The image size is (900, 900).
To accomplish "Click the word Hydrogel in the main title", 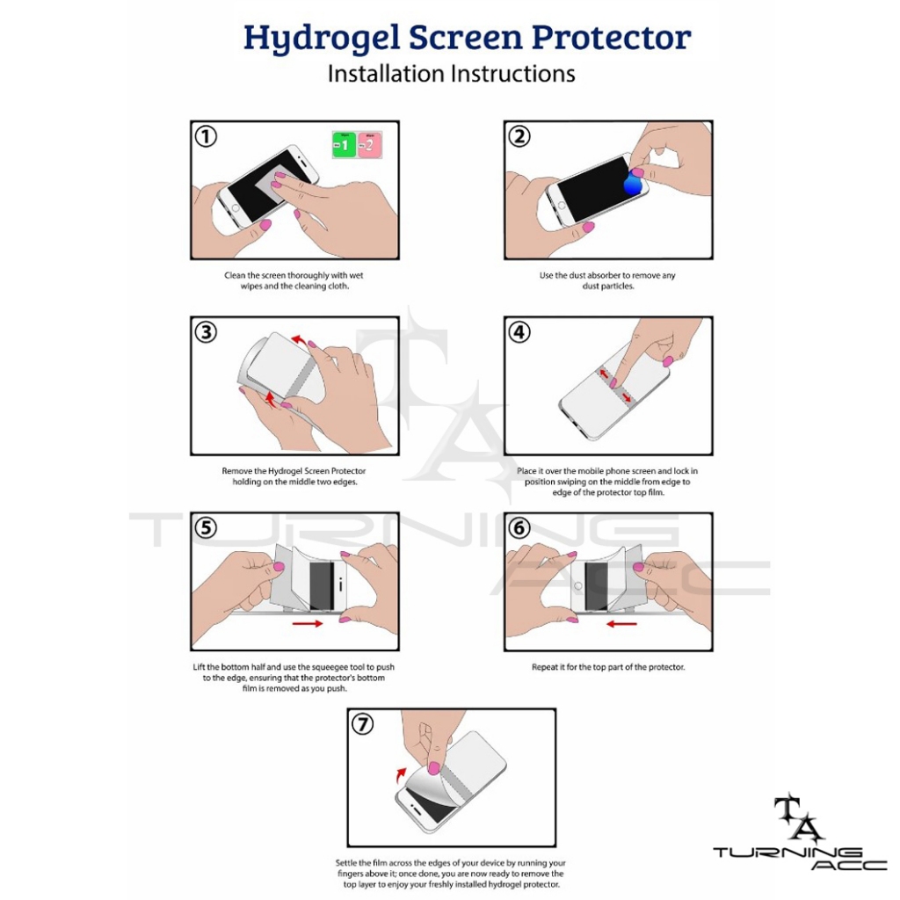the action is tap(322, 39).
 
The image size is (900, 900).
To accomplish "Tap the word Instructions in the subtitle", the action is tap(513, 74).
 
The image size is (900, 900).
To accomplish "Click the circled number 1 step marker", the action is tap(206, 136).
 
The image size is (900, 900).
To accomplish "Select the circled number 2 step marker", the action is tap(519, 136).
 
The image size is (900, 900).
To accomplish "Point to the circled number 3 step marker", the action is tap(206, 332).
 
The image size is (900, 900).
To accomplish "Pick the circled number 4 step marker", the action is tap(519, 332).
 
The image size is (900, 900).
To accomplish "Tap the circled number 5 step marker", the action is tap(206, 528).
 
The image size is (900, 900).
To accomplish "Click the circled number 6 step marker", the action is tap(519, 528).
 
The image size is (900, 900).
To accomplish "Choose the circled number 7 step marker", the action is tap(362, 724).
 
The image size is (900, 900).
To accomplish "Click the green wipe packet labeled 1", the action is tap(344, 145).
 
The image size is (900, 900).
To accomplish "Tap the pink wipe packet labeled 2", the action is tap(370, 145).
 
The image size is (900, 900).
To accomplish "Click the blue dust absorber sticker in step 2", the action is tap(632, 183).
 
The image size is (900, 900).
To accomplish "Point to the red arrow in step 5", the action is tap(307, 623).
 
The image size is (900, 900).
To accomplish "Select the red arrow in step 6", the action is tap(621, 623).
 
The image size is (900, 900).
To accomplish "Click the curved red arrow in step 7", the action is tap(401, 774).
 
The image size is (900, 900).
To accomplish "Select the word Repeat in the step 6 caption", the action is tap(544, 667).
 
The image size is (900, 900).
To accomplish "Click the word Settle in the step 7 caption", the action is tap(345, 863).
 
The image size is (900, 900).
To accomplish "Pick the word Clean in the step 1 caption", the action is tap(235, 275).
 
